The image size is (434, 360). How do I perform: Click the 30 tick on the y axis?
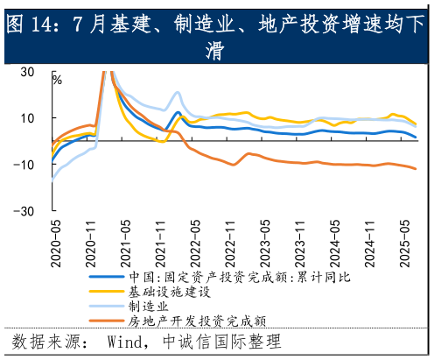[x=27, y=72]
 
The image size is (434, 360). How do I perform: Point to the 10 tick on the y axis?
[x=27, y=118]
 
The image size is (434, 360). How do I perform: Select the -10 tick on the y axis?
[x=24, y=165]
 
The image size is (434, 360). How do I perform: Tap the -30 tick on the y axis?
[x=24, y=211]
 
